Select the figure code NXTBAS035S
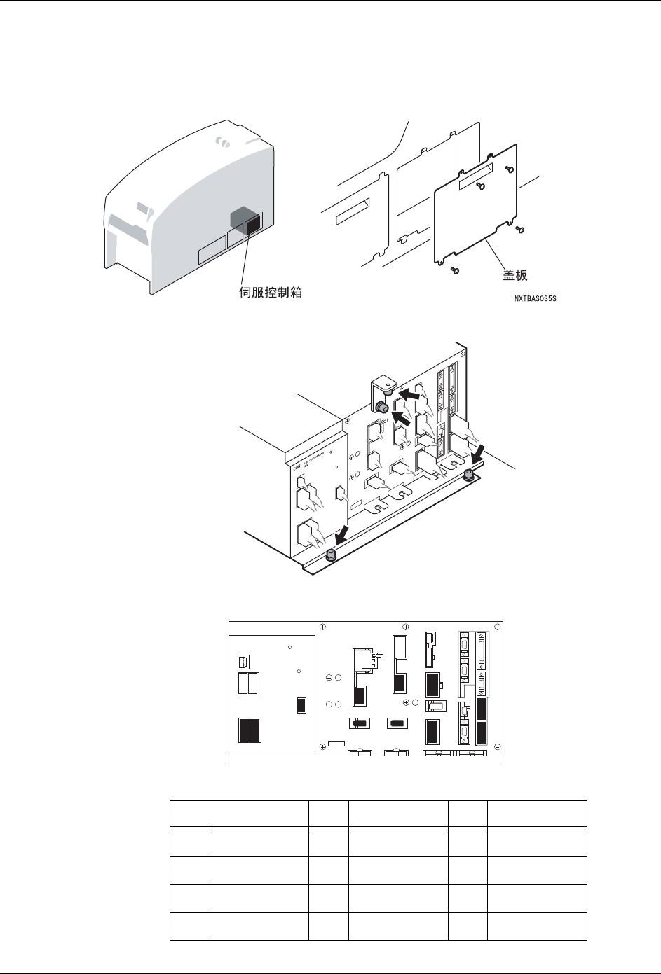(x=539, y=299)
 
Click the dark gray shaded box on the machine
(x=243, y=218)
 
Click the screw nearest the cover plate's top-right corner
(x=510, y=169)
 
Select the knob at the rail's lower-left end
(x=330, y=555)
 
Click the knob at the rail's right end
(x=468, y=475)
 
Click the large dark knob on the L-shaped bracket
(x=383, y=407)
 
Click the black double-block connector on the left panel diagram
(x=249, y=730)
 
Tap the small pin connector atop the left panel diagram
(x=243, y=660)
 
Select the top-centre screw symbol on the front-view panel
(x=406, y=625)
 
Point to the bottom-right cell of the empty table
(x=538, y=926)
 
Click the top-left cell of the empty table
(x=189, y=814)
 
